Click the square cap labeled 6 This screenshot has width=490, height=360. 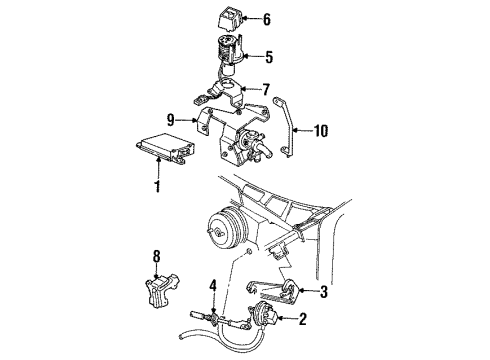coord(229,19)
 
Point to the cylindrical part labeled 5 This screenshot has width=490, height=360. coord(228,55)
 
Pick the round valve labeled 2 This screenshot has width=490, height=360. coord(262,318)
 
